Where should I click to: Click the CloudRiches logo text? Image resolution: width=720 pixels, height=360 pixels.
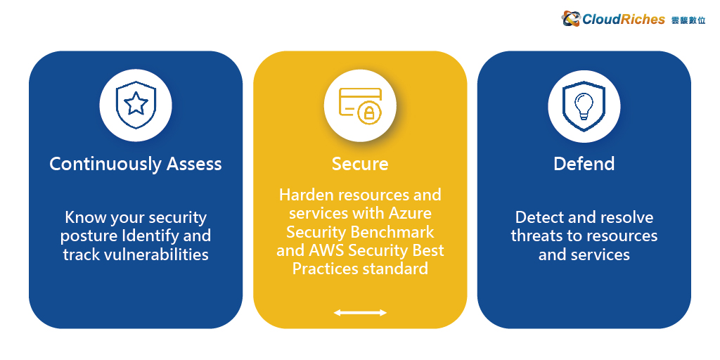(624, 19)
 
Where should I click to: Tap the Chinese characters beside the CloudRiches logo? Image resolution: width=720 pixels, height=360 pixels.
(688, 20)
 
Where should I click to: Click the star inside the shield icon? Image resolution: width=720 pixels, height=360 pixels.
(136, 104)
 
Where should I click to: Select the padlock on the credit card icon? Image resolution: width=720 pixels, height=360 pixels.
(369, 113)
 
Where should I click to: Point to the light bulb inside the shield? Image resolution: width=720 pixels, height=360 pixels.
(584, 105)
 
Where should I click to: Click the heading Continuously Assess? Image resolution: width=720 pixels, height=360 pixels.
(136, 164)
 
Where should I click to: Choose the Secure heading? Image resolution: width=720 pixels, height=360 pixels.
(360, 164)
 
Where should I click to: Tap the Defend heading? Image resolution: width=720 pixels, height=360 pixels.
(584, 164)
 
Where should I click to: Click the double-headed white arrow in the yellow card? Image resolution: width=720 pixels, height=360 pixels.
(360, 313)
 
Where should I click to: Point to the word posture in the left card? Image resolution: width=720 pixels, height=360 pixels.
(89, 236)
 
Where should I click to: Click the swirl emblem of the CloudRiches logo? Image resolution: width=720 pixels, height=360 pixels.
(571, 19)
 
